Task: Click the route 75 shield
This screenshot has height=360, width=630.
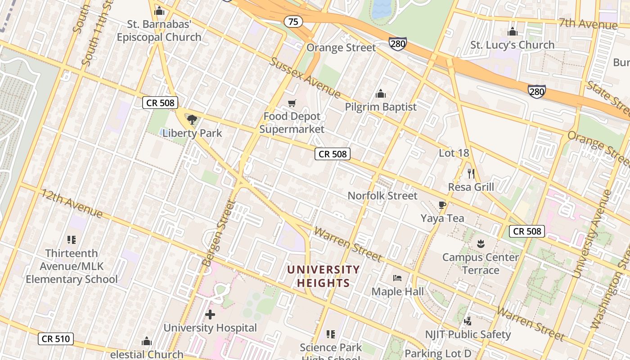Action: [293, 21]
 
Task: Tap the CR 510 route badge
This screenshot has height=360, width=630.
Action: [56, 338]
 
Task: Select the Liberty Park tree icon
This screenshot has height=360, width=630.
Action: [192, 120]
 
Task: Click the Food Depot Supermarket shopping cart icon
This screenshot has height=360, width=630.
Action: [292, 103]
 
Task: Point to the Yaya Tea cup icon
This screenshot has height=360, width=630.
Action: [442, 205]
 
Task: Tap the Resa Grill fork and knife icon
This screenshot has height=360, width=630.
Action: [471, 173]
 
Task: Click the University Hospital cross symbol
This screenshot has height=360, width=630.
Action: [210, 315]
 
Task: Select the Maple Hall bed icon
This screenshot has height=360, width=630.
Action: [397, 278]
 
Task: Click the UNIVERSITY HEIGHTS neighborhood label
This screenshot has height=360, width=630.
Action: [324, 276]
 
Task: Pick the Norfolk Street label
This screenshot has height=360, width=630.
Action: [382, 196]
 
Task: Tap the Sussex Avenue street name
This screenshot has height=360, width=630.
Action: [305, 77]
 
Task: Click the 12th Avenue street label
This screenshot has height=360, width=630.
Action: [72, 203]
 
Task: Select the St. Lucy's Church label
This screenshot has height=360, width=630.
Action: [512, 45]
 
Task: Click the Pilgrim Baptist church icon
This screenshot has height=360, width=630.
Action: [381, 94]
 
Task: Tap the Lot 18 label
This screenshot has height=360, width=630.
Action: [454, 153]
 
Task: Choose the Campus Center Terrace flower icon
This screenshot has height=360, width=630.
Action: [480, 244]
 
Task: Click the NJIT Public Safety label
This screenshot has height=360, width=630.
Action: [468, 334]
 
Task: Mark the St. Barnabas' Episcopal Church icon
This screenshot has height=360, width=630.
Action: [159, 11]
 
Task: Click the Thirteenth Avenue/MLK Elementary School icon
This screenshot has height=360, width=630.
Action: [71, 239]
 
